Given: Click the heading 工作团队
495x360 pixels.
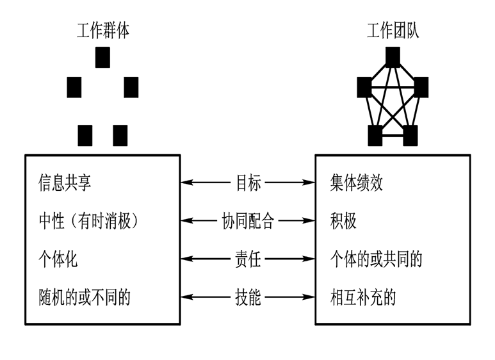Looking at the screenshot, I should (393, 31).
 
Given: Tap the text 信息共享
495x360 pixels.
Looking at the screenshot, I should (65, 183).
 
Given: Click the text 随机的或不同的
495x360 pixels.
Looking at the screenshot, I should (85, 297).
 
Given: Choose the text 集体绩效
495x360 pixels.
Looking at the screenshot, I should (357, 183).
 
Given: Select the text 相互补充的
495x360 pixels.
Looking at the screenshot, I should (363, 297).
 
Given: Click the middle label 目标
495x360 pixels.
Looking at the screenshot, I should (248, 183).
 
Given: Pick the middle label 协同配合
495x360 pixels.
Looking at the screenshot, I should (248, 222).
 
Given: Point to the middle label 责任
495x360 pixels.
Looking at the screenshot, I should (248, 259).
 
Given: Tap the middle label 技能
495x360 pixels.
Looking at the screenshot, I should (248, 297).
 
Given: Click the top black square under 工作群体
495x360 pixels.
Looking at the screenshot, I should (102, 58).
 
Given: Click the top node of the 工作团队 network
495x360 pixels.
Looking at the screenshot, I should (393, 58).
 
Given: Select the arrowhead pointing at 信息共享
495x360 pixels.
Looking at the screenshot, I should (186, 183).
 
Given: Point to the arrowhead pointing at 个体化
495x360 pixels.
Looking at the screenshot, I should (186, 259).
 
